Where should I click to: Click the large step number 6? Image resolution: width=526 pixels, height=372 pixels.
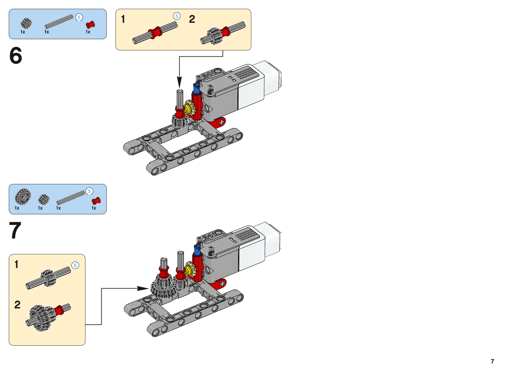[16, 56]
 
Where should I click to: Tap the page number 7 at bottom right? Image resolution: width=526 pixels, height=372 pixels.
[492, 361]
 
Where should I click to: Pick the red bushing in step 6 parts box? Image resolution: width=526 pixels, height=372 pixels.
[90, 24]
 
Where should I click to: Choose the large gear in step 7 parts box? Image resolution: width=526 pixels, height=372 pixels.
[23, 197]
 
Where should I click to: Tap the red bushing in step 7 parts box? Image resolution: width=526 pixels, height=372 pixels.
[96, 201]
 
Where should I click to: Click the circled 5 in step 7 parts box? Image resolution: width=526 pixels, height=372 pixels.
[89, 191]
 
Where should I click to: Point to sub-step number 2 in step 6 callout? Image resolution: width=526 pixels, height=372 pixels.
[192, 20]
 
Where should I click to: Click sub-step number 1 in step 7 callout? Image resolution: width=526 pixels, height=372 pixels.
[16, 264]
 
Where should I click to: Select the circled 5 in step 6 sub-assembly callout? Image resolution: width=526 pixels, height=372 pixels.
[177, 16]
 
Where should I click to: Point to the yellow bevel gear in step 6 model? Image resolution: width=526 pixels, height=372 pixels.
[190, 109]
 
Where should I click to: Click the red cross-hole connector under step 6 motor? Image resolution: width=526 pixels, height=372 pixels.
[218, 122]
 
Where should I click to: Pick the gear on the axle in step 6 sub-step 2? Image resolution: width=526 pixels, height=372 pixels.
[215, 35]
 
